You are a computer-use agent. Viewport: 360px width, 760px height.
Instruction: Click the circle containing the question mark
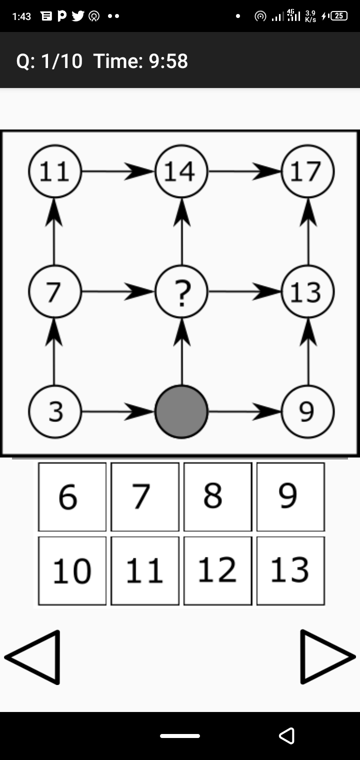[181, 291]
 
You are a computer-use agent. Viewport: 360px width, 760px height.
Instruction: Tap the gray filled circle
[181, 411]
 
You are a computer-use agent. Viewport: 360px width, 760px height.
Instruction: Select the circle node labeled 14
[181, 171]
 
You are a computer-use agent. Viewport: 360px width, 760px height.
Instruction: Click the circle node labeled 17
[308, 171]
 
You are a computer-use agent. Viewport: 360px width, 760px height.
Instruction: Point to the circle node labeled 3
[55, 411]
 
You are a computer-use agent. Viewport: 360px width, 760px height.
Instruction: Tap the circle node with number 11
[55, 171]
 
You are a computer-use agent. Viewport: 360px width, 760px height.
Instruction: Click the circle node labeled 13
[308, 291]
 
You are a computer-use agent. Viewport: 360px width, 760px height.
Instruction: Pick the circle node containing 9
[308, 411]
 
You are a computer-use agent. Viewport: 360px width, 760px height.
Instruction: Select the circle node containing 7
[55, 291]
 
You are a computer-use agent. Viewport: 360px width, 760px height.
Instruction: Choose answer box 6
[72, 496]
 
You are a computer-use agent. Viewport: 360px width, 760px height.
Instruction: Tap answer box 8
[218, 496]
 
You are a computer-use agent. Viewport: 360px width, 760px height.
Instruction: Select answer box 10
[72, 571]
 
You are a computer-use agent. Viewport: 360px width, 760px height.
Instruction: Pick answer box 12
[218, 571]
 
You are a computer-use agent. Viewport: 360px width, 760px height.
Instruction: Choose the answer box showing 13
[291, 571]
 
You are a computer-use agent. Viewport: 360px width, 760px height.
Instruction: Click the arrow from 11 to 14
[118, 171]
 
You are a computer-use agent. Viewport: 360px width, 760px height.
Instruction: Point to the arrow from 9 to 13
[308, 352]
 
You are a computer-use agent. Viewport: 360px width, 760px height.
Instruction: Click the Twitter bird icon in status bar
[78, 15]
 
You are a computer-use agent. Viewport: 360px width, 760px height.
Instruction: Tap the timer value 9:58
[168, 61]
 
